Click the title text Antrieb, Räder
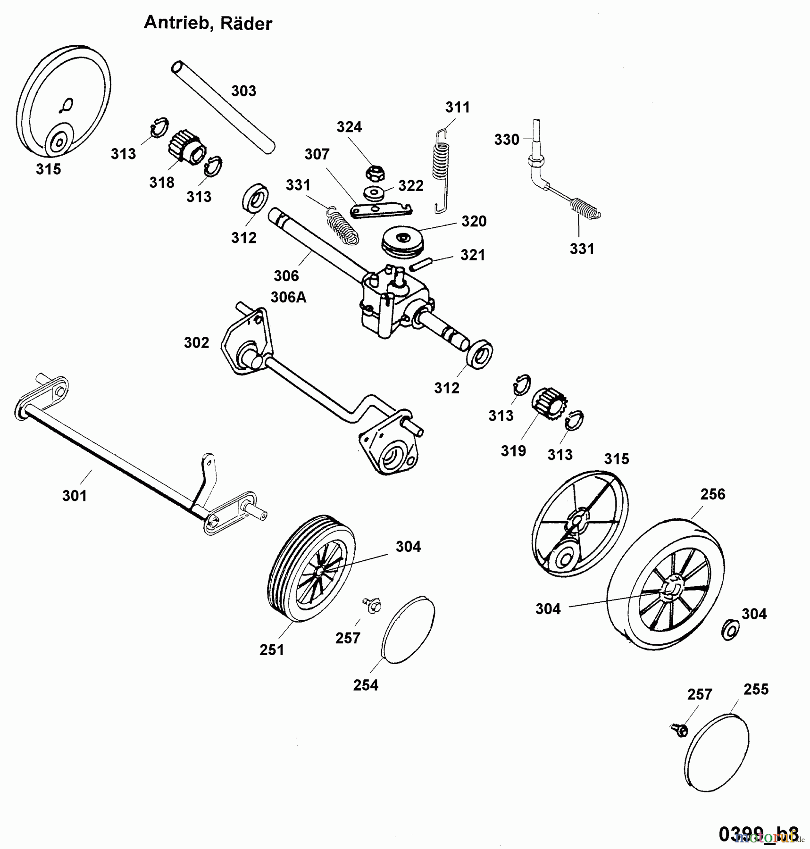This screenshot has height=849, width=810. pos(208,22)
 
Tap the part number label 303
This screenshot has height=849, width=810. pos(243,91)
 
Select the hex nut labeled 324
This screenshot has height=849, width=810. pos(375,173)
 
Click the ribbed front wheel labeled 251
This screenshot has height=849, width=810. pos(312,568)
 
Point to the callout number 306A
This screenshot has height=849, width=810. pos(288,297)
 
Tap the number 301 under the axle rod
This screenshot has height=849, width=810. pos(75,496)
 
